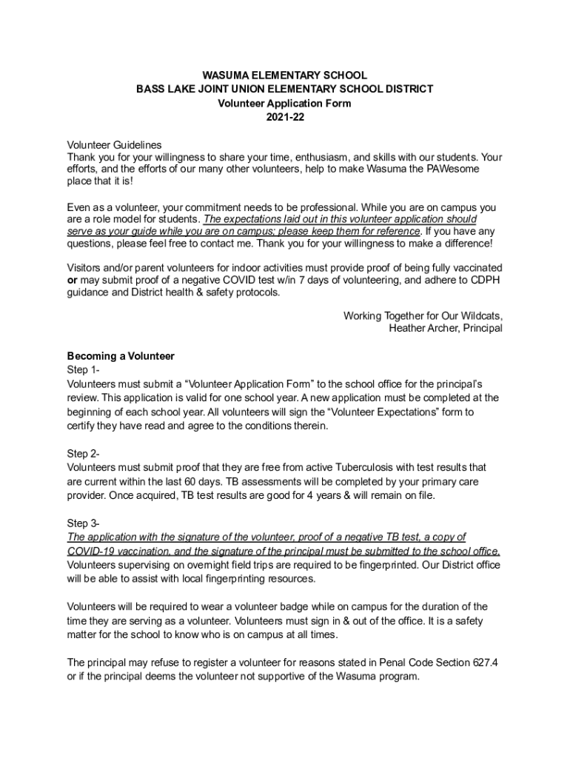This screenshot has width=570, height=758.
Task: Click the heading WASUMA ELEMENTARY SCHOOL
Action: pyautogui.click(x=284, y=76)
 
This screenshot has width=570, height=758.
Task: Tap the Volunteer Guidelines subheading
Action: pyautogui.click(x=114, y=145)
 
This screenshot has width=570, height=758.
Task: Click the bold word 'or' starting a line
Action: pyautogui.click(x=72, y=280)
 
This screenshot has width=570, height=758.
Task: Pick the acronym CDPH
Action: pyautogui.click(x=486, y=280)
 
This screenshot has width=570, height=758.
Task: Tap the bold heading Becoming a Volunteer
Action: pyautogui.click(x=121, y=356)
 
